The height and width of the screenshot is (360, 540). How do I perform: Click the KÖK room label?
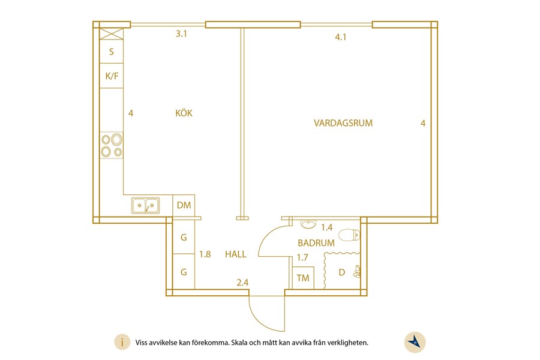184,113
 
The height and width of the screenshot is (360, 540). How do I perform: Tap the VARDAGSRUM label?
343,123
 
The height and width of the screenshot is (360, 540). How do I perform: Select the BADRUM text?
316,243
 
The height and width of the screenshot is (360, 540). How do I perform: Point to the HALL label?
236,254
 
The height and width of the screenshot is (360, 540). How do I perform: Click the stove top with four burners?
111,145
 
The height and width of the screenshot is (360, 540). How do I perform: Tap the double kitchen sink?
145,205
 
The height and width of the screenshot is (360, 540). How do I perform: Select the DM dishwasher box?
184,205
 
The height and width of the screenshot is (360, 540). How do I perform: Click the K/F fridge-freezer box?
112,76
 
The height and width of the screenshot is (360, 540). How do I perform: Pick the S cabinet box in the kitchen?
112,52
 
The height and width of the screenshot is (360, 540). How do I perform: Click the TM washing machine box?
303,278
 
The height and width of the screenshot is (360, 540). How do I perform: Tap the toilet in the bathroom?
349,235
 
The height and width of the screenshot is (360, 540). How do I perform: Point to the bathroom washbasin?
308,224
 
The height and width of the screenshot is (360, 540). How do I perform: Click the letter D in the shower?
341,272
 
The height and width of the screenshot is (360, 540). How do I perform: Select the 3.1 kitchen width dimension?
181,34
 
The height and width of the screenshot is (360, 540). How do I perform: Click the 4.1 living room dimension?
341,37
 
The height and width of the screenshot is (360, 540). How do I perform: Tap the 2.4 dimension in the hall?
242,283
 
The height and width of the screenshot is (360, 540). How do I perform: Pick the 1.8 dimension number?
205,254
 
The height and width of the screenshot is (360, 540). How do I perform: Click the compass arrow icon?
415,343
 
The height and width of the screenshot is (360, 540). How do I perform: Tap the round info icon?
122,343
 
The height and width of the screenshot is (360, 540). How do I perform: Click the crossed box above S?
111,34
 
